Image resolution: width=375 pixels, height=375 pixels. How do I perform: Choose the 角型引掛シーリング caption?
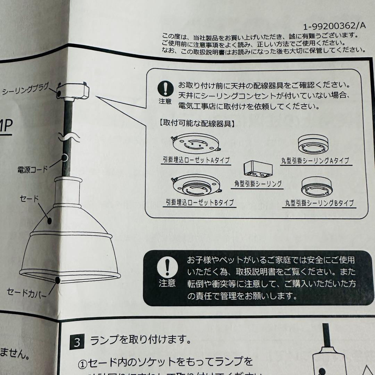pos(257,184)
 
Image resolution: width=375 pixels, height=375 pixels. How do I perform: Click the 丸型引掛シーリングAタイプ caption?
pos(315,161)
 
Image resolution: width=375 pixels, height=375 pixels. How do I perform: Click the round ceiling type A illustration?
pos(313,145)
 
